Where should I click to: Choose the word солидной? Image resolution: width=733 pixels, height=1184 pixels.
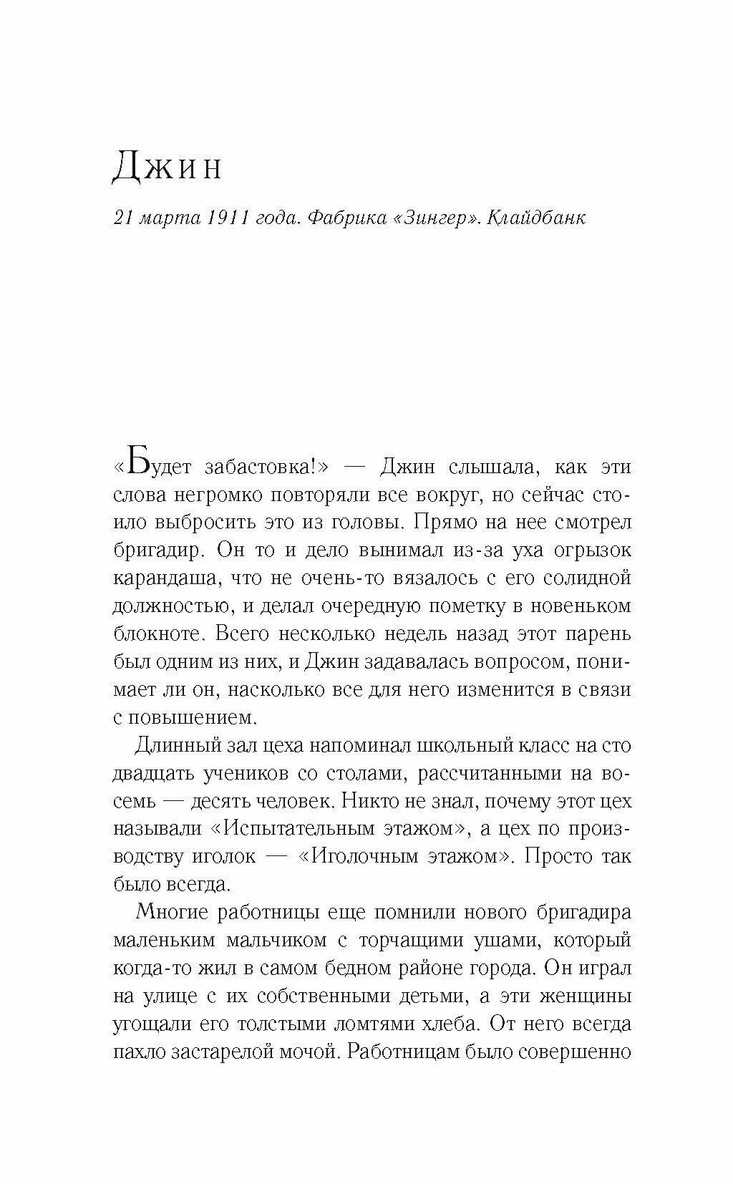click(x=587, y=578)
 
